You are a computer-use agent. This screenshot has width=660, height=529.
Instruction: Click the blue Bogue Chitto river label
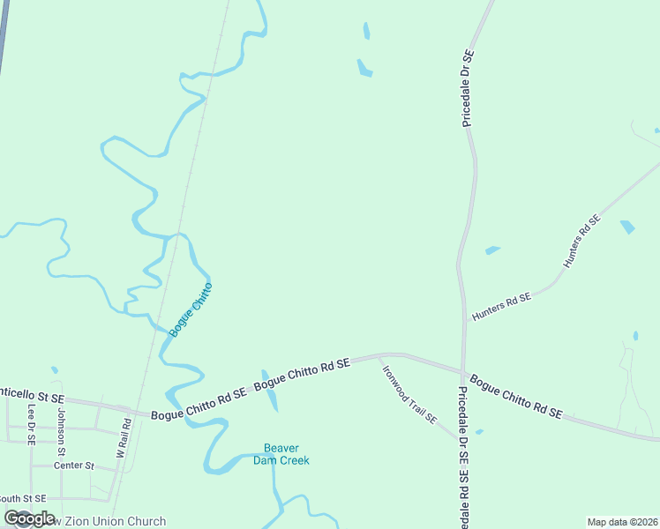pyautogui.click(x=191, y=309)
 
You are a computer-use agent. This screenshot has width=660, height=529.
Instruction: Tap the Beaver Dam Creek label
pyautogui.click(x=281, y=453)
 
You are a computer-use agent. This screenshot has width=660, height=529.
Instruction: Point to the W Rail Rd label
pyautogui.click(x=123, y=437)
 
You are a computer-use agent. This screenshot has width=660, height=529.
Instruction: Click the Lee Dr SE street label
pyautogui.click(x=31, y=424)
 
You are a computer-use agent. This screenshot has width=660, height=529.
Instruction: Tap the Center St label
pyautogui.click(x=73, y=466)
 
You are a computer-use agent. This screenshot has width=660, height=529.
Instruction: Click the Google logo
pyautogui.click(x=29, y=519)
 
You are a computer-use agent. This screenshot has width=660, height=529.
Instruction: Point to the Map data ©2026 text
pyautogui.click(x=622, y=522)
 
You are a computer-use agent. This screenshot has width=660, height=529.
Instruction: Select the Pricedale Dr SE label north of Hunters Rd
pyautogui.click(x=468, y=88)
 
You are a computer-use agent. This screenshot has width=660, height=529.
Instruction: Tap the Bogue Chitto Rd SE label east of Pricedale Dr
pyautogui.click(x=516, y=396)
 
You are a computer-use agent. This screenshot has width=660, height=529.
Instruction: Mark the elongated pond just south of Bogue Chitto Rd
pyautogui.click(x=270, y=391)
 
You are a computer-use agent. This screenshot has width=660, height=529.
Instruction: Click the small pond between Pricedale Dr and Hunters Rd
pyautogui.click(x=492, y=250)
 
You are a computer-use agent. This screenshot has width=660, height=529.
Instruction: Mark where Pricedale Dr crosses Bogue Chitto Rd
pyautogui.click(x=463, y=371)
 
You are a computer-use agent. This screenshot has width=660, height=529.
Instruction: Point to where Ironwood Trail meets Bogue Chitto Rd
pyautogui.click(x=379, y=356)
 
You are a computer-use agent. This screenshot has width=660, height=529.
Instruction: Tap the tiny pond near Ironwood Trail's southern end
pyautogui.click(x=479, y=432)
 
